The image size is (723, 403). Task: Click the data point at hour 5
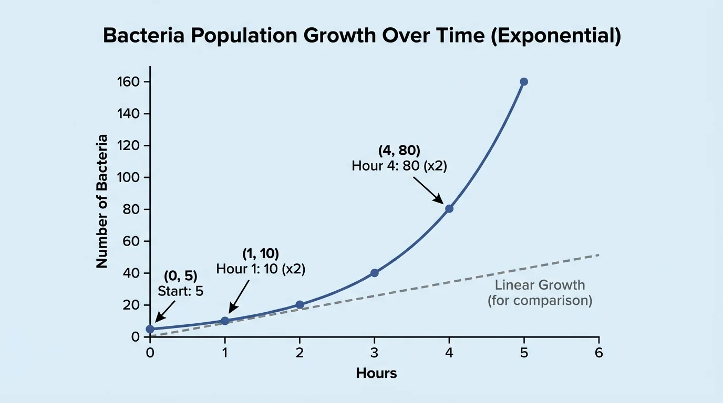tap(523, 82)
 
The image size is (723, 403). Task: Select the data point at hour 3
tap(374, 273)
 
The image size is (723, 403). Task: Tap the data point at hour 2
tap(299, 305)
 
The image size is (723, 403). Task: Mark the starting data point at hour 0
tap(150, 329)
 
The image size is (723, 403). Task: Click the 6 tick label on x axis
tap(598, 353)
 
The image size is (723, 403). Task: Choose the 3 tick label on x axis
tap(374, 353)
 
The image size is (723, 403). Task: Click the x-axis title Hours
tap(376, 374)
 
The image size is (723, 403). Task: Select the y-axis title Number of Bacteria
tap(102, 201)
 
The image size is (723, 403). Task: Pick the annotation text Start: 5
tap(180, 291)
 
